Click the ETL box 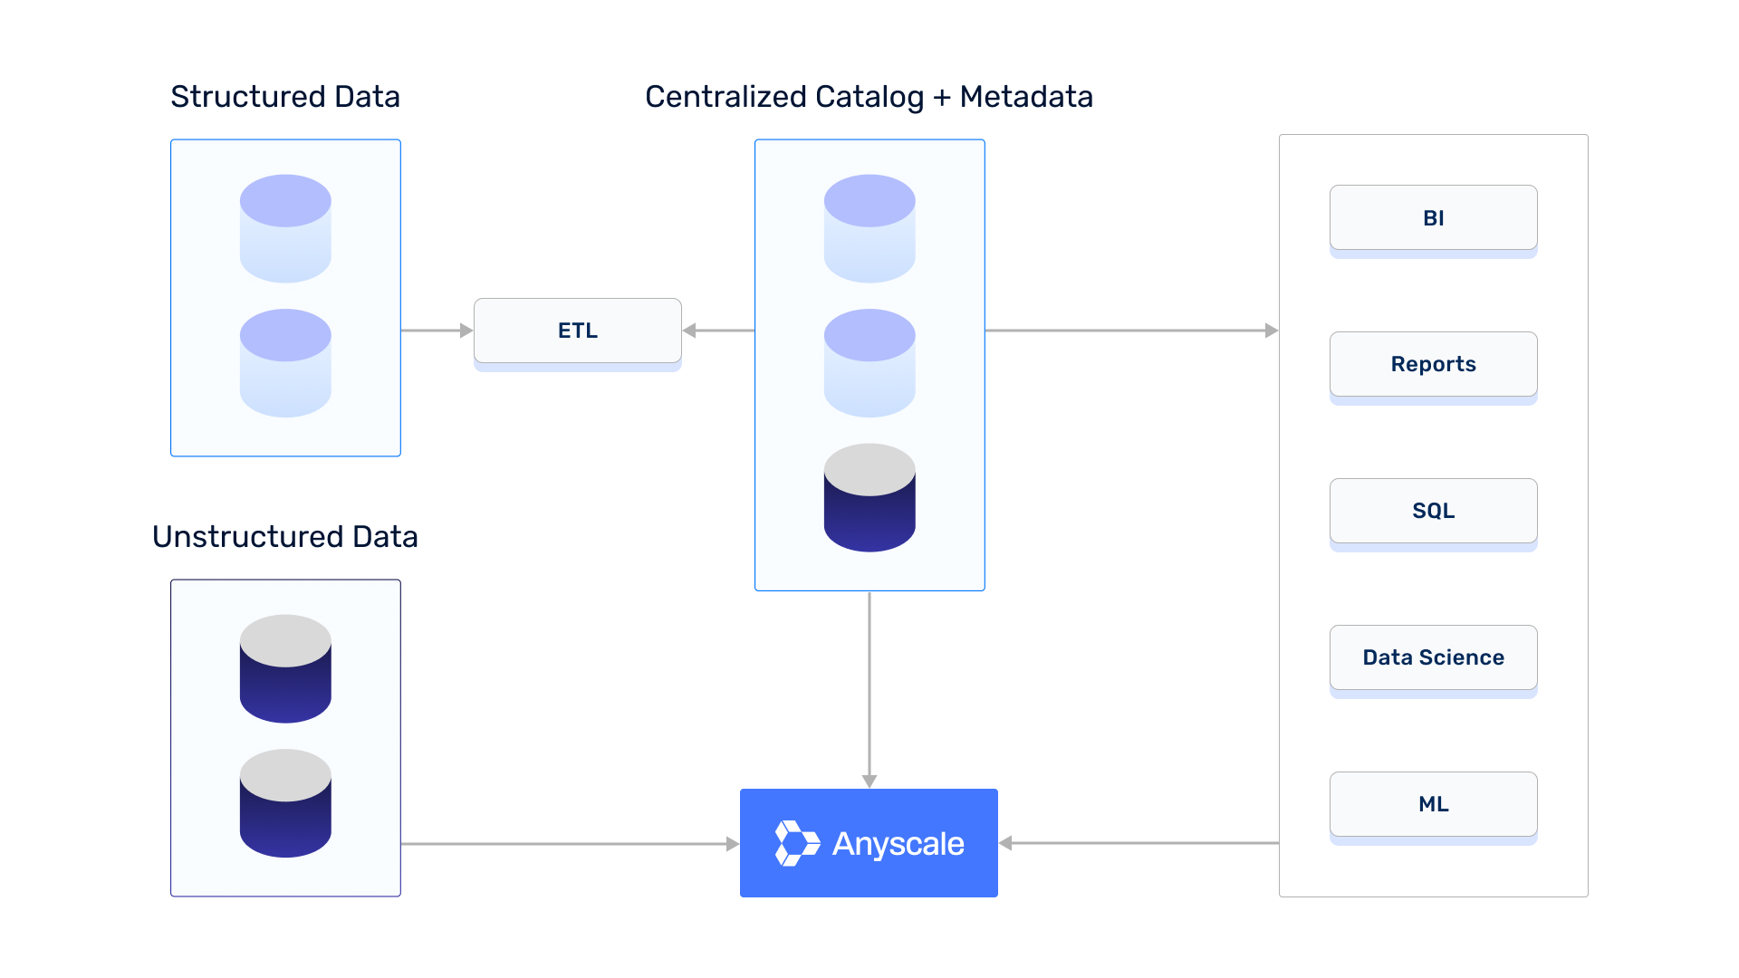click(x=578, y=331)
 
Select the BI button click(x=1433, y=218)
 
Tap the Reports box click(x=1433, y=364)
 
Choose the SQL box click(x=1433, y=511)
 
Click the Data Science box click(x=1433, y=657)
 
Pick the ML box click(x=1433, y=804)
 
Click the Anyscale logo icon click(x=796, y=843)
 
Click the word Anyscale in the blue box click(x=898, y=844)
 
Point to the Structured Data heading click(x=285, y=97)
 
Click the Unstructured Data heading click(x=285, y=537)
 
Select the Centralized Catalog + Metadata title click(x=869, y=97)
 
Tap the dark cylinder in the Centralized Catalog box click(x=869, y=498)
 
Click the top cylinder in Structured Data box click(x=285, y=228)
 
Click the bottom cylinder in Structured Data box click(x=285, y=363)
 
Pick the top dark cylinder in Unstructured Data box click(x=285, y=669)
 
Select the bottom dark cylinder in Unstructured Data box click(x=285, y=803)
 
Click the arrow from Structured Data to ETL click(x=437, y=331)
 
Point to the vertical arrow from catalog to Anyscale click(x=869, y=688)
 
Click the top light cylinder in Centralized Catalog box click(x=869, y=228)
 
